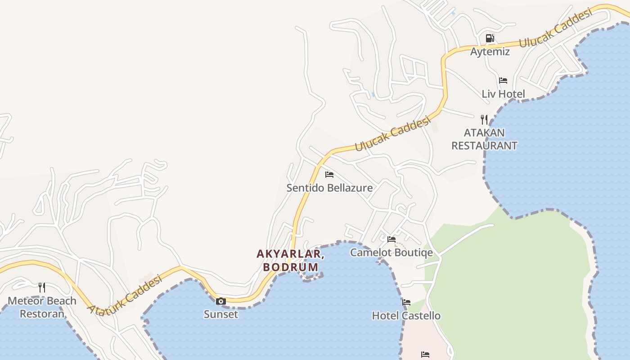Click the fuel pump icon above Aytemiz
(490, 38)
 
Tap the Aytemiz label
(490, 52)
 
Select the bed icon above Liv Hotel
(503, 81)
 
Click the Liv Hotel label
(503, 94)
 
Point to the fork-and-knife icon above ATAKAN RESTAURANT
(484, 119)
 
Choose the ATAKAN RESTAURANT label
(484, 139)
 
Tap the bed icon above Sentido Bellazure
(329, 174)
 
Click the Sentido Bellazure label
(329, 188)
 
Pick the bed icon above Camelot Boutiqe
(391, 239)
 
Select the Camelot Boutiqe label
(391, 252)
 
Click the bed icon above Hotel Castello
(406, 302)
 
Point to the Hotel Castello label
(406, 315)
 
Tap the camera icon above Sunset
(221, 301)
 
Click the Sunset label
(221, 314)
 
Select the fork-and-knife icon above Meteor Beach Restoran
(42, 287)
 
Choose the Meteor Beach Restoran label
(42, 307)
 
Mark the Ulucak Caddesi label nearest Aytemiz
(555, 28)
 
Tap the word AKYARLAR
(291, 254)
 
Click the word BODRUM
(291, 267)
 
